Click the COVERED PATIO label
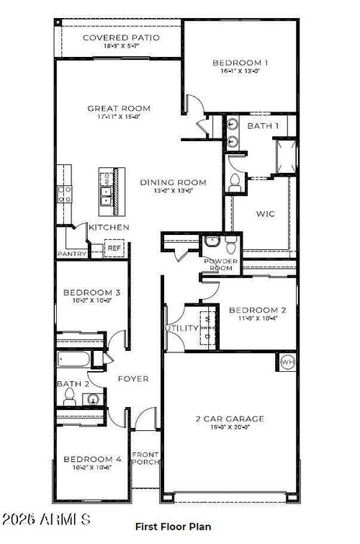pyautogui.click(x=120, y=37)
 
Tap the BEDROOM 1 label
pyautogui.click(x=240, y=63)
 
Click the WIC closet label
pyautogui.click(x=265, y=214)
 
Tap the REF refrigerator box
pyautogui.click(x=114, y=249)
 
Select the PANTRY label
pyautogui.click(x=72, y=254)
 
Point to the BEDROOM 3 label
pyautogui.click(x=91, y=293)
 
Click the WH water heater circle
pyautogui.click(x=287, y=362)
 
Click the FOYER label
pyautogui.click(x=133, y=378)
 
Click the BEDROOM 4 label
pyautogui.click(x=91, y=459)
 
